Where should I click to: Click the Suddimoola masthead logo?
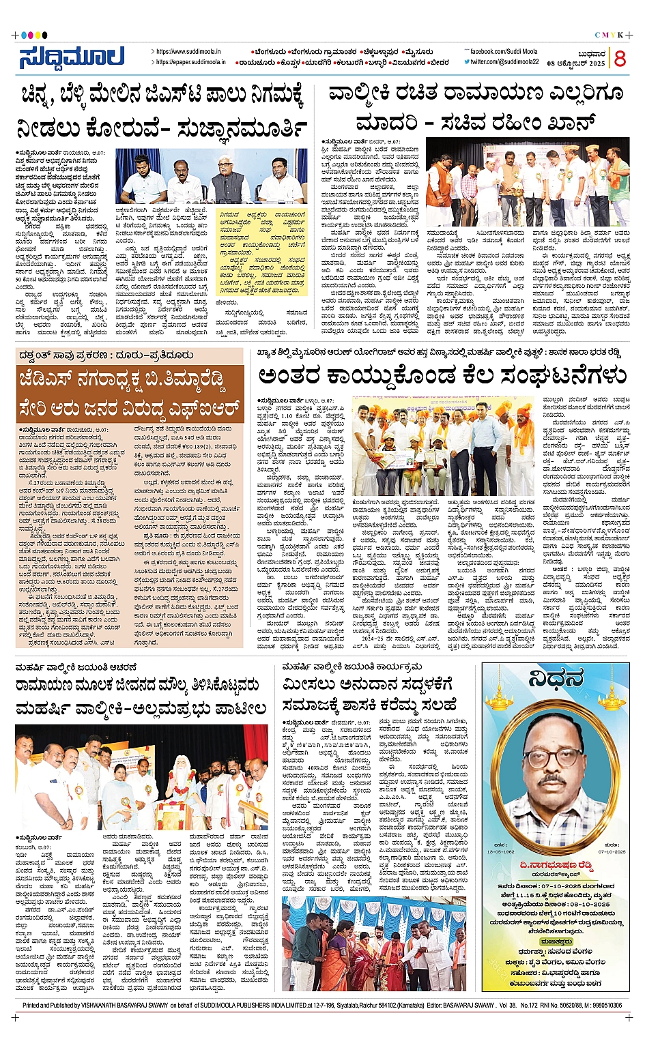[72, 58]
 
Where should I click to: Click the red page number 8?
[620, 59]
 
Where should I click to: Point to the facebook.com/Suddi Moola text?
[503, 52]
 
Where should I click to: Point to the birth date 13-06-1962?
[501, 852]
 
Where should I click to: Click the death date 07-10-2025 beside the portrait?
[611, 852]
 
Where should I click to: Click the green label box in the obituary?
[556, 941]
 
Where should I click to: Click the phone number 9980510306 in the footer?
[601, 1005]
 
